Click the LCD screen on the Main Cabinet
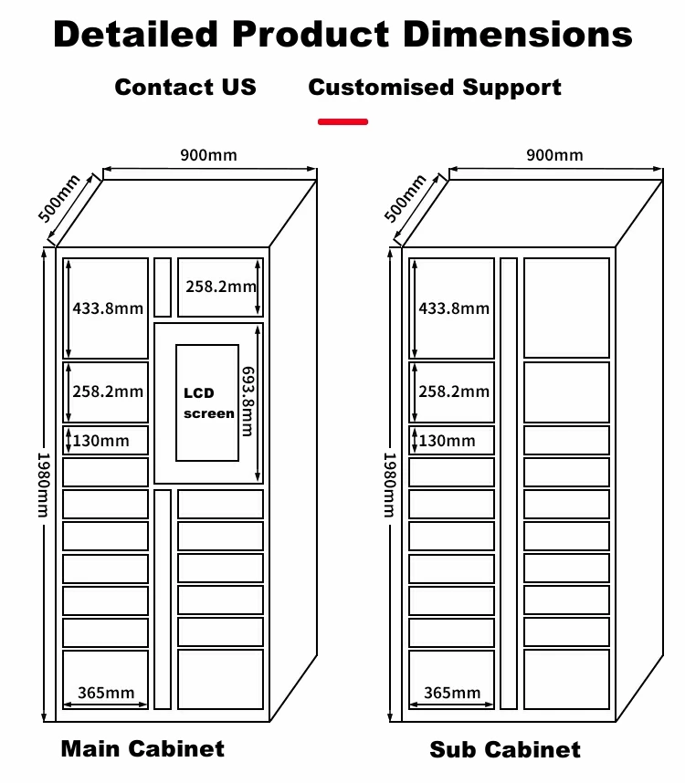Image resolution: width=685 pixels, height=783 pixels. (207, 402)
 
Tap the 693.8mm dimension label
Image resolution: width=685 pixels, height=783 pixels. (247, 402)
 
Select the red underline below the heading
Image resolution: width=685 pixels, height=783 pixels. (342, 121)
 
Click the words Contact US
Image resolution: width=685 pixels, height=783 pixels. (185, 88)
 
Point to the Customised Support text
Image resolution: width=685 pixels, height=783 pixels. (435, 88)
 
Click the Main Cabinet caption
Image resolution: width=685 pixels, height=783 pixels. (142, 749)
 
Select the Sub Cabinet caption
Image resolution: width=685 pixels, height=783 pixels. (505, 750)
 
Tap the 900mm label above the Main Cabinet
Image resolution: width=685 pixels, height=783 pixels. (208, 154)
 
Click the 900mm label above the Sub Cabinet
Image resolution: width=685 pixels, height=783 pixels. (553, 154)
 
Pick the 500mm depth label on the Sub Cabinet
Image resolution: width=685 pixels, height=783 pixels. (405, 198)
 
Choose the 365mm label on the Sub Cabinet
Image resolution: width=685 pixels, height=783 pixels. (452, 693)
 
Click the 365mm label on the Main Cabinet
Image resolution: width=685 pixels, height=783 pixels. (106, 693)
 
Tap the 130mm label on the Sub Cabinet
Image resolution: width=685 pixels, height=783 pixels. (448, 441)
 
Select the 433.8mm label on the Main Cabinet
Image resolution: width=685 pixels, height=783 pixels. (108, 308)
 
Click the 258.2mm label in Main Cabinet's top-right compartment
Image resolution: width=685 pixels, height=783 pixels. (221, 286)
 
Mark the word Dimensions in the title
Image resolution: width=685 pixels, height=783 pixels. (519, 35)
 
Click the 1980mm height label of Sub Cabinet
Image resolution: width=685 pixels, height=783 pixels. (389, 484)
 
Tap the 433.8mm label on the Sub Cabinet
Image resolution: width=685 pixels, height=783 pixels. (454, 308)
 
